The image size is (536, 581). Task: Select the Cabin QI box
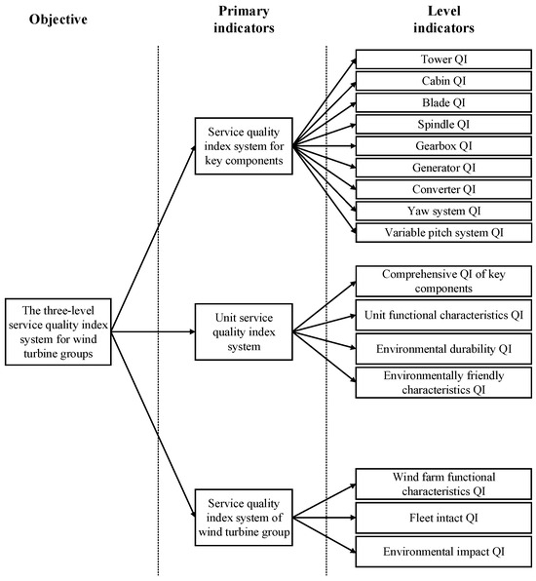coord(443,80)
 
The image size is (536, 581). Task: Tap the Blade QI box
coord(443,101)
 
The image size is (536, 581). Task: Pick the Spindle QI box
coord(443,124)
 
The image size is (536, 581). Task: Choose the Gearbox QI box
coord(443,145)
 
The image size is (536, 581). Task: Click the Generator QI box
coord(443,168)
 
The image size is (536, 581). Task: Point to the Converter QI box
coord(443,189)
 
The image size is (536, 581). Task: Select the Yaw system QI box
coord(443,211)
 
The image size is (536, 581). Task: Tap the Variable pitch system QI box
coord(443,233)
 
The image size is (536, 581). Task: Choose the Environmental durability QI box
coord(443,347)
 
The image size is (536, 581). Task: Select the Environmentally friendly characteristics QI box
coord(443,381)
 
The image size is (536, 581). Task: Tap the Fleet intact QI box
coord(443,517)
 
